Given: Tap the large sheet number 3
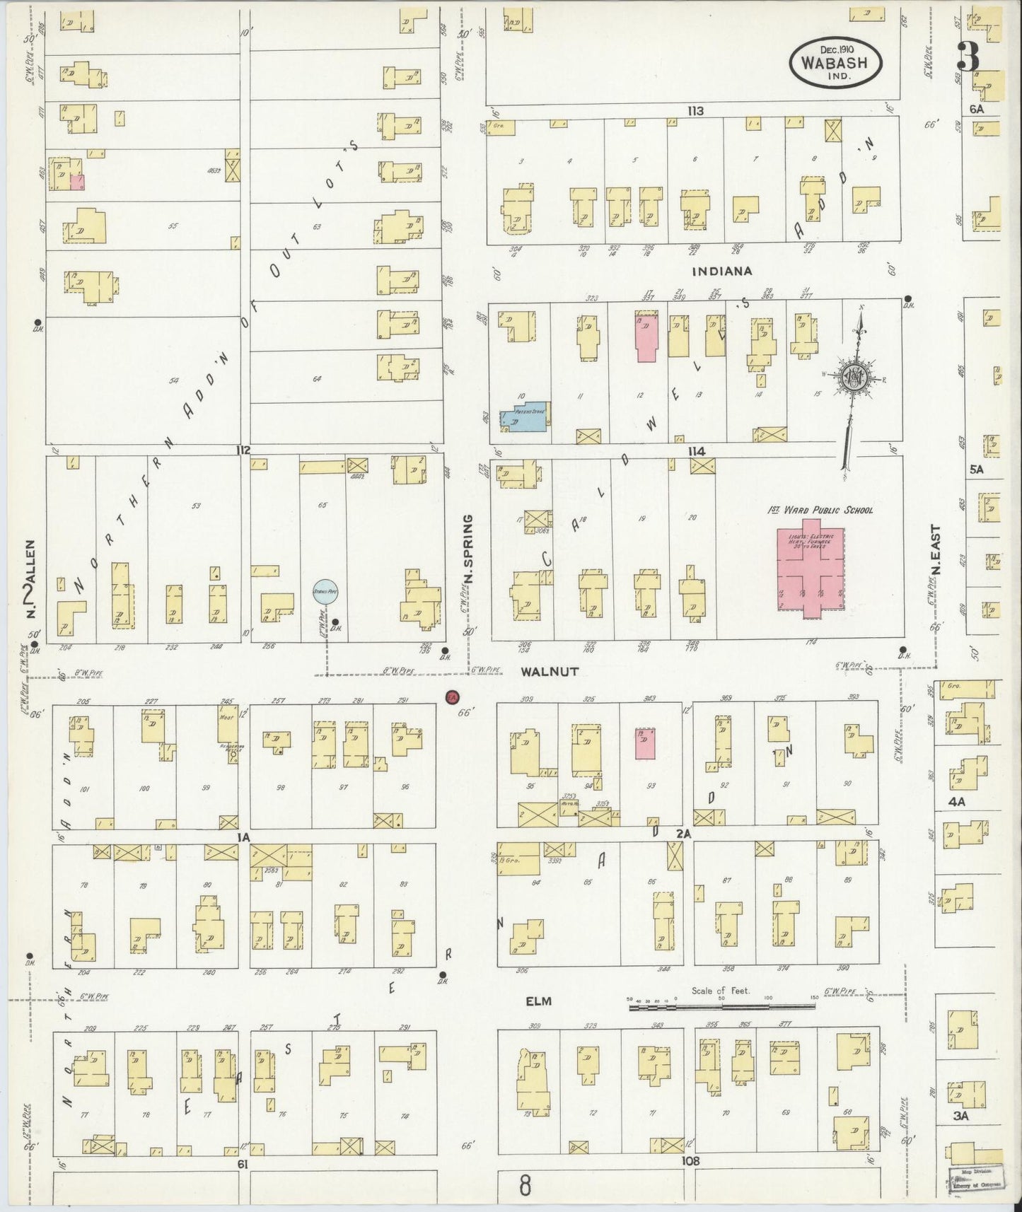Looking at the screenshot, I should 969,57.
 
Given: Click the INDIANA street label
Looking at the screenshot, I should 721,271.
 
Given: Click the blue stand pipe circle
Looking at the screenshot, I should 325,593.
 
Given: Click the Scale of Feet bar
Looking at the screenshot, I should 721,1005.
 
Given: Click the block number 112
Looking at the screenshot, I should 244,450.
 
